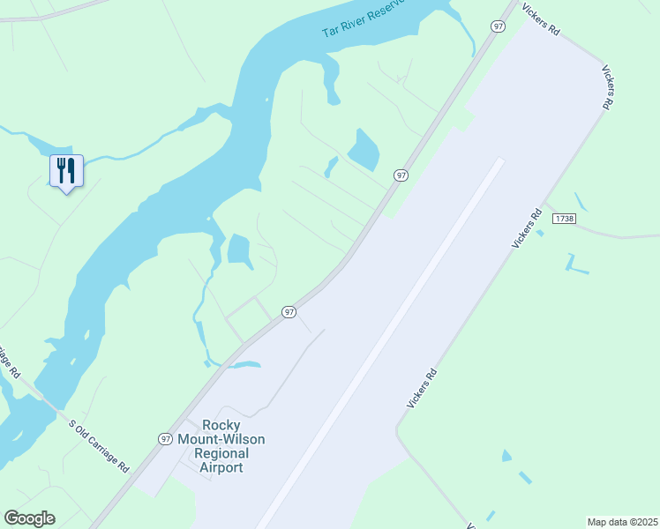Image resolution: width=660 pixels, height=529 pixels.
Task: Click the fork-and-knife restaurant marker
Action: (66, 171)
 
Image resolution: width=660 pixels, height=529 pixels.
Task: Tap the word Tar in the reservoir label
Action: (332, 30)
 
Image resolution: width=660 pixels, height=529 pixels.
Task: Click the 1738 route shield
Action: (564, 218)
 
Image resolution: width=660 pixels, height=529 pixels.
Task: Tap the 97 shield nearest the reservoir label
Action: (499, 27)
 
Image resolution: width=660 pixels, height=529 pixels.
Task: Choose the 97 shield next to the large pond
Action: (401, 175)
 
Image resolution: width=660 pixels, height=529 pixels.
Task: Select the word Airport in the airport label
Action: (221, 467)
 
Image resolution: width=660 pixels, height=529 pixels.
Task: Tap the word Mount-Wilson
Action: (221, 439)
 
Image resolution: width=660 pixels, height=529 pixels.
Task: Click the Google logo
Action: (29, 518)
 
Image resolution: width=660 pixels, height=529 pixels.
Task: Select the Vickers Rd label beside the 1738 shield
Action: (527, 228)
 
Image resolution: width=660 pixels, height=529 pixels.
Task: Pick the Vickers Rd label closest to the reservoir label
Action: (540, 18)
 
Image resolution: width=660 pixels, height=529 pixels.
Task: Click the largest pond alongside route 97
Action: (363, 150)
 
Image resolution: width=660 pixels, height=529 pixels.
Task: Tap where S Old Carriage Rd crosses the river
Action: (46, 399)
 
